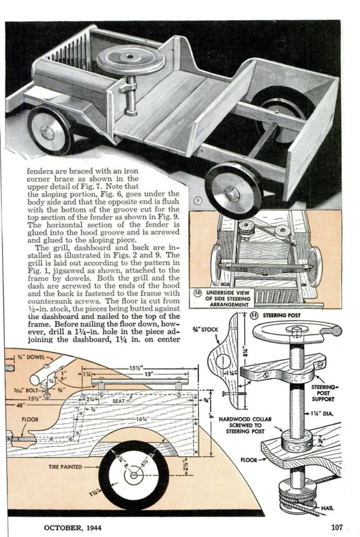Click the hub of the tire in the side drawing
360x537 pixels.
coord(134,475)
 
